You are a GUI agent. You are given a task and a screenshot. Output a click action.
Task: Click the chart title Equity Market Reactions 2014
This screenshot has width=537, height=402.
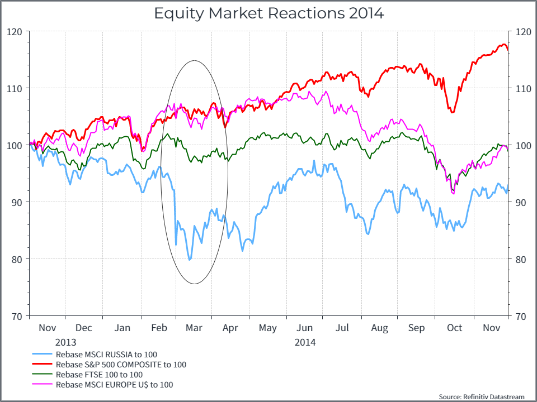pos(268,13)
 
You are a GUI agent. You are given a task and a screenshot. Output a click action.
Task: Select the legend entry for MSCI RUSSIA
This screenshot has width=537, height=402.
pos(107,355)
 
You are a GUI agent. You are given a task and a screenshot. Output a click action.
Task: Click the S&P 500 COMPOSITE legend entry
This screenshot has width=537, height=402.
pos(121,365)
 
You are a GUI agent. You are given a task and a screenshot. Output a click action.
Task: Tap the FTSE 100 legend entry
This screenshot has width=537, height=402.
pos(99,375)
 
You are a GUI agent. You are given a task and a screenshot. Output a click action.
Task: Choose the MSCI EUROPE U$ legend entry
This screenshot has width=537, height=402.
pos(114,385)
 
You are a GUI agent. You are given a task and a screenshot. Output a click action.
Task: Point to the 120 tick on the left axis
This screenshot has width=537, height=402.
pos(15,32)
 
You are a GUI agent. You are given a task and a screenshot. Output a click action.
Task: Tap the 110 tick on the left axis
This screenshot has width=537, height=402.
pos(15,88)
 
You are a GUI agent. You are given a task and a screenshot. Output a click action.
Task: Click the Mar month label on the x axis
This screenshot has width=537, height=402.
pos(194,328)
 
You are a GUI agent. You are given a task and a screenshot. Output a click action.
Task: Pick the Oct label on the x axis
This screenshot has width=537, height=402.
pos(454,328)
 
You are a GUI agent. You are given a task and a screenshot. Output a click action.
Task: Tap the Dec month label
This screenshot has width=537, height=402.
pos(84,328)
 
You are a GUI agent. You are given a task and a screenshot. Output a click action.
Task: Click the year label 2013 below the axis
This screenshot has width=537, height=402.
pos(65,342)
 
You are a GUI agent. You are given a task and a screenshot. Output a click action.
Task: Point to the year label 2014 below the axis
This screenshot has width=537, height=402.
pos(305,342)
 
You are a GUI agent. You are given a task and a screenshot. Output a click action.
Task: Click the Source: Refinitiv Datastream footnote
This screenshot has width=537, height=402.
pos(482,396)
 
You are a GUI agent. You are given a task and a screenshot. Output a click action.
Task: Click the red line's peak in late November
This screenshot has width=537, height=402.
pos(504,45)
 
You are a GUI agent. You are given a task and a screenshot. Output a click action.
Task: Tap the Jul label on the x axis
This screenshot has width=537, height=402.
pos(342,328)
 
